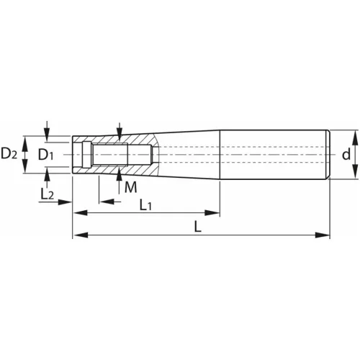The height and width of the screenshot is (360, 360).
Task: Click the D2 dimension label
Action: click(x=9, y=154)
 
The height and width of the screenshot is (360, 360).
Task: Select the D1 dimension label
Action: click(x=45, y=155)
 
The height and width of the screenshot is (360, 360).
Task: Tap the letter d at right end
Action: click(x=346, y=155)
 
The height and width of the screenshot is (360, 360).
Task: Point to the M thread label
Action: click(x=131, y=187)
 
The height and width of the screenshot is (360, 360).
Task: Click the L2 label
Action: click(x=47, y=194)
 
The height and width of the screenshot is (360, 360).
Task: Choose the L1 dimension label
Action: click(x=145, y=205)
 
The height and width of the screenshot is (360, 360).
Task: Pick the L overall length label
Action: click(x=197, y=227)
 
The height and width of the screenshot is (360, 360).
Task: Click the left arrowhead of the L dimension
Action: click(x=81, y=235)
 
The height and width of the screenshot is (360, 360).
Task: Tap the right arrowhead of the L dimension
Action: click(x=323, y=235)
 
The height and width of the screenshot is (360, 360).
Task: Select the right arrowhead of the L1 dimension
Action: click(x=212, y=212)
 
